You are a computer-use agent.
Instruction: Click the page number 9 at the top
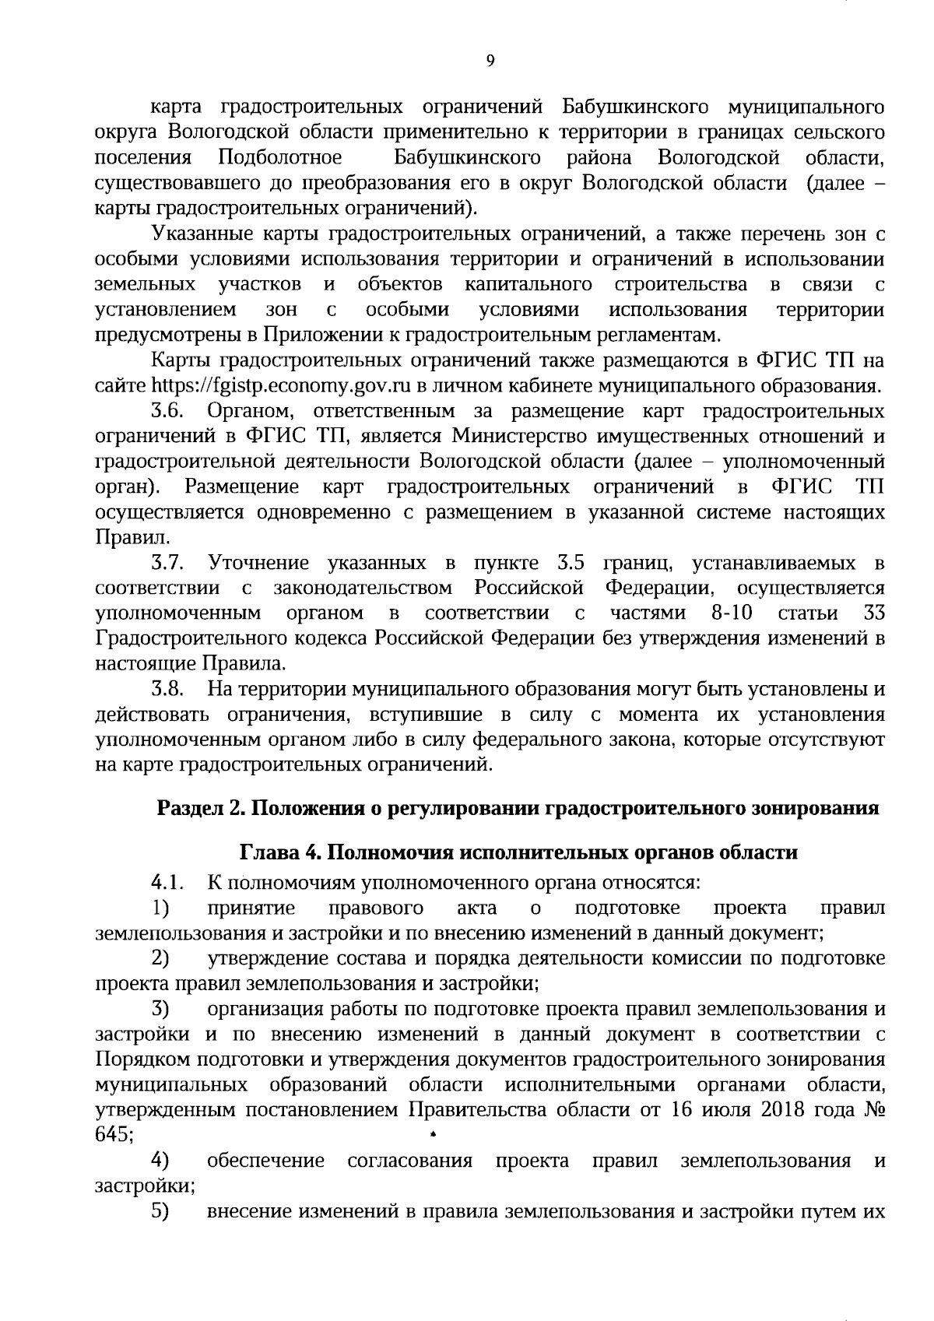(490, 62)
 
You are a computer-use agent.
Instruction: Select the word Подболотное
(281, 157)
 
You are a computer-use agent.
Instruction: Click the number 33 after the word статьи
(874, 613)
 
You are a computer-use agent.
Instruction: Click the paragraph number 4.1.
(167, 883)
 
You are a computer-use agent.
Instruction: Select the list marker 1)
(161, 908)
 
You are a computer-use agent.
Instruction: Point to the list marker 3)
(161, 1010)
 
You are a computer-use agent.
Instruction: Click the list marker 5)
(161, 1212)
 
